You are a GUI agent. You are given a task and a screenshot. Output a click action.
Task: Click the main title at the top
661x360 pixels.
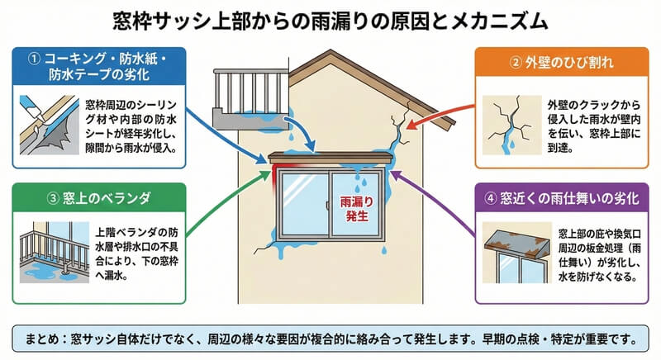point(330,17)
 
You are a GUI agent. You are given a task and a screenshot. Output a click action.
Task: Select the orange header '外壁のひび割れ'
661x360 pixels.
point(562,62)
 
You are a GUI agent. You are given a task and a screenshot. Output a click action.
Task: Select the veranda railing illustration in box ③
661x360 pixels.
point(50,253)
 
